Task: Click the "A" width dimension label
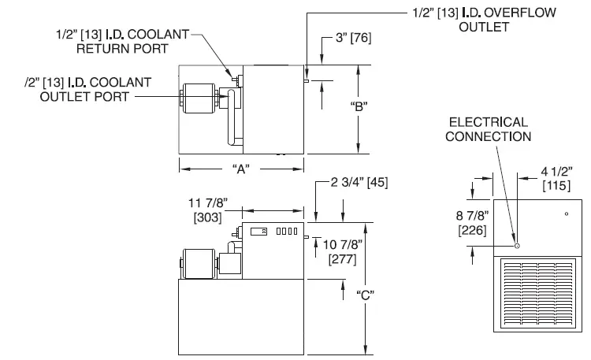coord(241,169)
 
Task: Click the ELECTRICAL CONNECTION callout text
coord(488,129)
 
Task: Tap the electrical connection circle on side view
coord(516,246)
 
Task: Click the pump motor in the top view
coord(199,101)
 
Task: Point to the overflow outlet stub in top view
coord(306,80)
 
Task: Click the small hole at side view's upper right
coord(566,213)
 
